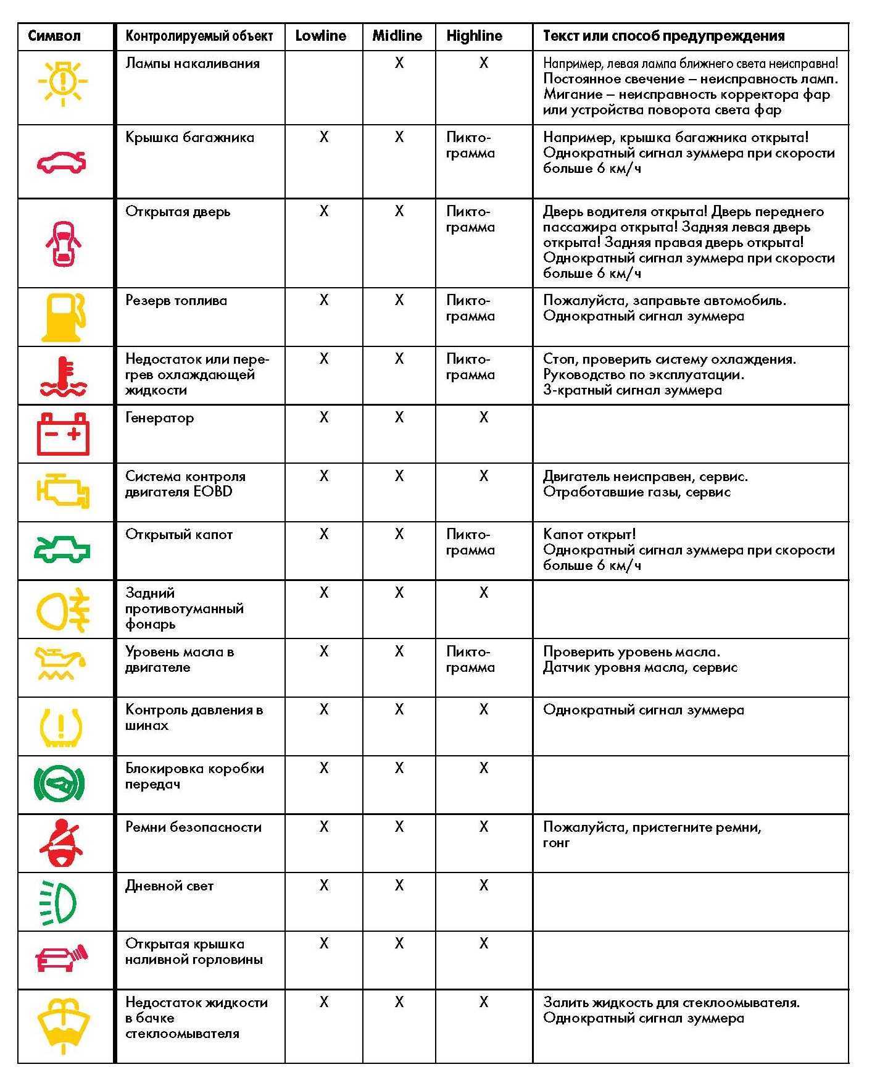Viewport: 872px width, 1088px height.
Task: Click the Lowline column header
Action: click(x=320, y=36)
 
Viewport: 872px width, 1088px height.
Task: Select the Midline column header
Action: click(x=397, y=36)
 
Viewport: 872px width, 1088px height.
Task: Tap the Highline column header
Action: click(x=474, y=36)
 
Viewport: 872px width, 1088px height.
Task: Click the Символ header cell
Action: click(x=54, y=36)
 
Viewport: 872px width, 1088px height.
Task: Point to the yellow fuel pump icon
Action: click(x=62, y=317)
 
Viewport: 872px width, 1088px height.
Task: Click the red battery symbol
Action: click(x=63, y=434)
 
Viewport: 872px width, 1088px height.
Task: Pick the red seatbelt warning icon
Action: click(x=61, y=843)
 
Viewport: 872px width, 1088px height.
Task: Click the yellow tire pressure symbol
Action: click(x=61, y=726)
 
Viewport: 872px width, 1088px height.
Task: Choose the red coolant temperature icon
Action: click(x=63, y=376)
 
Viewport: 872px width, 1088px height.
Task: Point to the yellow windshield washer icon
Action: click(x=63, y=1024)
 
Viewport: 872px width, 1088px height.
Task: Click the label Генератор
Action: click(x=159, y=418)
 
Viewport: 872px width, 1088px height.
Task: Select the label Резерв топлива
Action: click(x=176, y=301)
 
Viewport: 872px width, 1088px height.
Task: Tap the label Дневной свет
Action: click(x=169, y=886)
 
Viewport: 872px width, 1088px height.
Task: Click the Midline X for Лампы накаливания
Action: click(x=399, y=63)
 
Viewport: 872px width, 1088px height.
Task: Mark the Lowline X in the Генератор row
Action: click(x=324, y=418)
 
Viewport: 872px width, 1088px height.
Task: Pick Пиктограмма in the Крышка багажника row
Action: click(x=470, y=145)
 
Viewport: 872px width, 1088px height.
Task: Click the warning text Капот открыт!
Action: click(x=589, y=535)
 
